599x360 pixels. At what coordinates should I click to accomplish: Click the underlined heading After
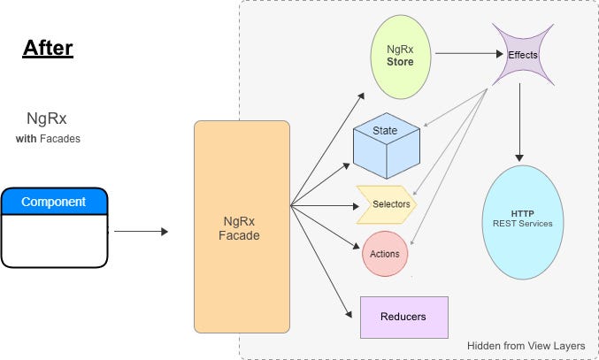[x=47, y=47]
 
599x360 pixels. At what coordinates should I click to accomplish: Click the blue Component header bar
[x=54, y=202]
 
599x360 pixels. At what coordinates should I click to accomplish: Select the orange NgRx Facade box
[x=242, y=226]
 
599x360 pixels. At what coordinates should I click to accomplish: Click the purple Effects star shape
[x=523, y=55]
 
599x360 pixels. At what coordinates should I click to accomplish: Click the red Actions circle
[x=385, y=254]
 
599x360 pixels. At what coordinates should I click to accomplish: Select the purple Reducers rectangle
[x=404, y=318]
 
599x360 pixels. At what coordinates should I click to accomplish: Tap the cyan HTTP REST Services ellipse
[x=523, y=217]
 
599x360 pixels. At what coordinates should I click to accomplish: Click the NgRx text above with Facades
[x=48, y=117]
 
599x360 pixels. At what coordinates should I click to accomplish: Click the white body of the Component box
[x=54, y=240]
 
